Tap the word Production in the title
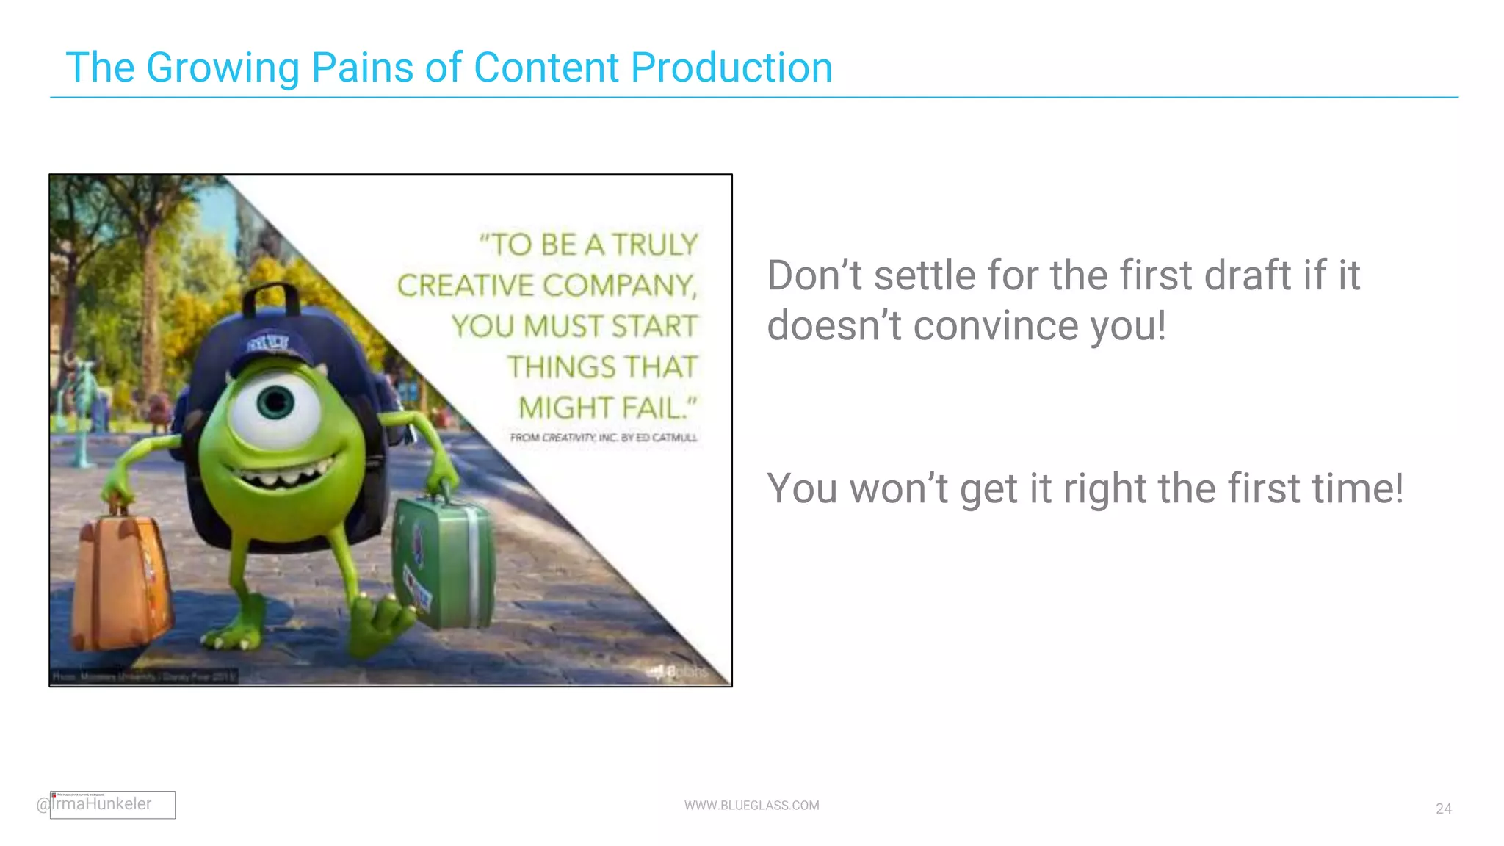pos(731,68)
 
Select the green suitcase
pos(443,562)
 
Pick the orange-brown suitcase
pos(119,580)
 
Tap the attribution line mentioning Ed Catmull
pos(604,438)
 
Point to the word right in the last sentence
pos(1104,489)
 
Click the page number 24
pos(1443,809)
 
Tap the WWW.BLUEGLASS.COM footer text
pos(751,806)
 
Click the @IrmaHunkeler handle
pos(95,804)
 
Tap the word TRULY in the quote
pos(654,245)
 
